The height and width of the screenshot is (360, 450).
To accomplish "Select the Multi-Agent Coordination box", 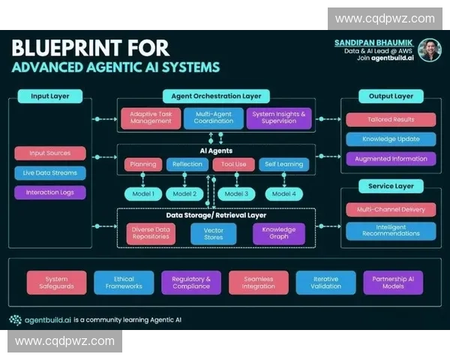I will (214, 118).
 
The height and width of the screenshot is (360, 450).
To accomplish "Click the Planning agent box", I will (143, 164).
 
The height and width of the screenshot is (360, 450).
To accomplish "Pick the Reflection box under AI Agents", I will (187, 164).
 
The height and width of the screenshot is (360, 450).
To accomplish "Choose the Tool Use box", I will (234, 164).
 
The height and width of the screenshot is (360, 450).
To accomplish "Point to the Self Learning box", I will (283, 164).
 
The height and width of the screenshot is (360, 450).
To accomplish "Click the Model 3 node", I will (235, 193).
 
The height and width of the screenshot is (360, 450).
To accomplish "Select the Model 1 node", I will (143, 193).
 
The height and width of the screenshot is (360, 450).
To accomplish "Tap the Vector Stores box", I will (214, 234).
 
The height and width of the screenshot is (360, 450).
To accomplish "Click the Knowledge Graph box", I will (278, 234).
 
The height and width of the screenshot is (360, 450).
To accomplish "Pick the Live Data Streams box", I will (49, 172).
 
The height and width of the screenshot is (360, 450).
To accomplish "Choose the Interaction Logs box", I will (49, 192).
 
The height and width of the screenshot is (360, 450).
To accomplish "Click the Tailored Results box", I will (391, 119).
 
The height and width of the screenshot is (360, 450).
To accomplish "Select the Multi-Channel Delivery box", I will (391, 210).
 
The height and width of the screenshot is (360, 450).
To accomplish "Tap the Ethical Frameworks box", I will (124, 283).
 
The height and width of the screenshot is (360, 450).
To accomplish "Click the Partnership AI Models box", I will (393, 283).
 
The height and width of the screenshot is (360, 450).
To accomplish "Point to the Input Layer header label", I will (51, 96).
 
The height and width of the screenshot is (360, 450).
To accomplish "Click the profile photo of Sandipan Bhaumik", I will (429, 50).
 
